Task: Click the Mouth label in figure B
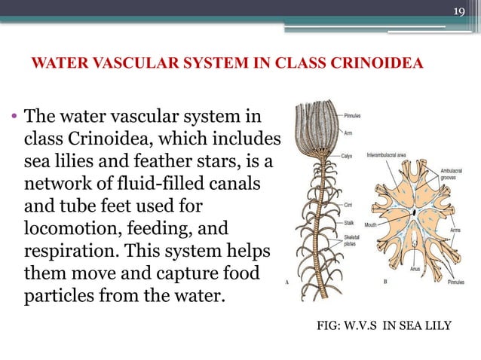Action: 370,224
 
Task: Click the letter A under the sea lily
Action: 286,281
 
